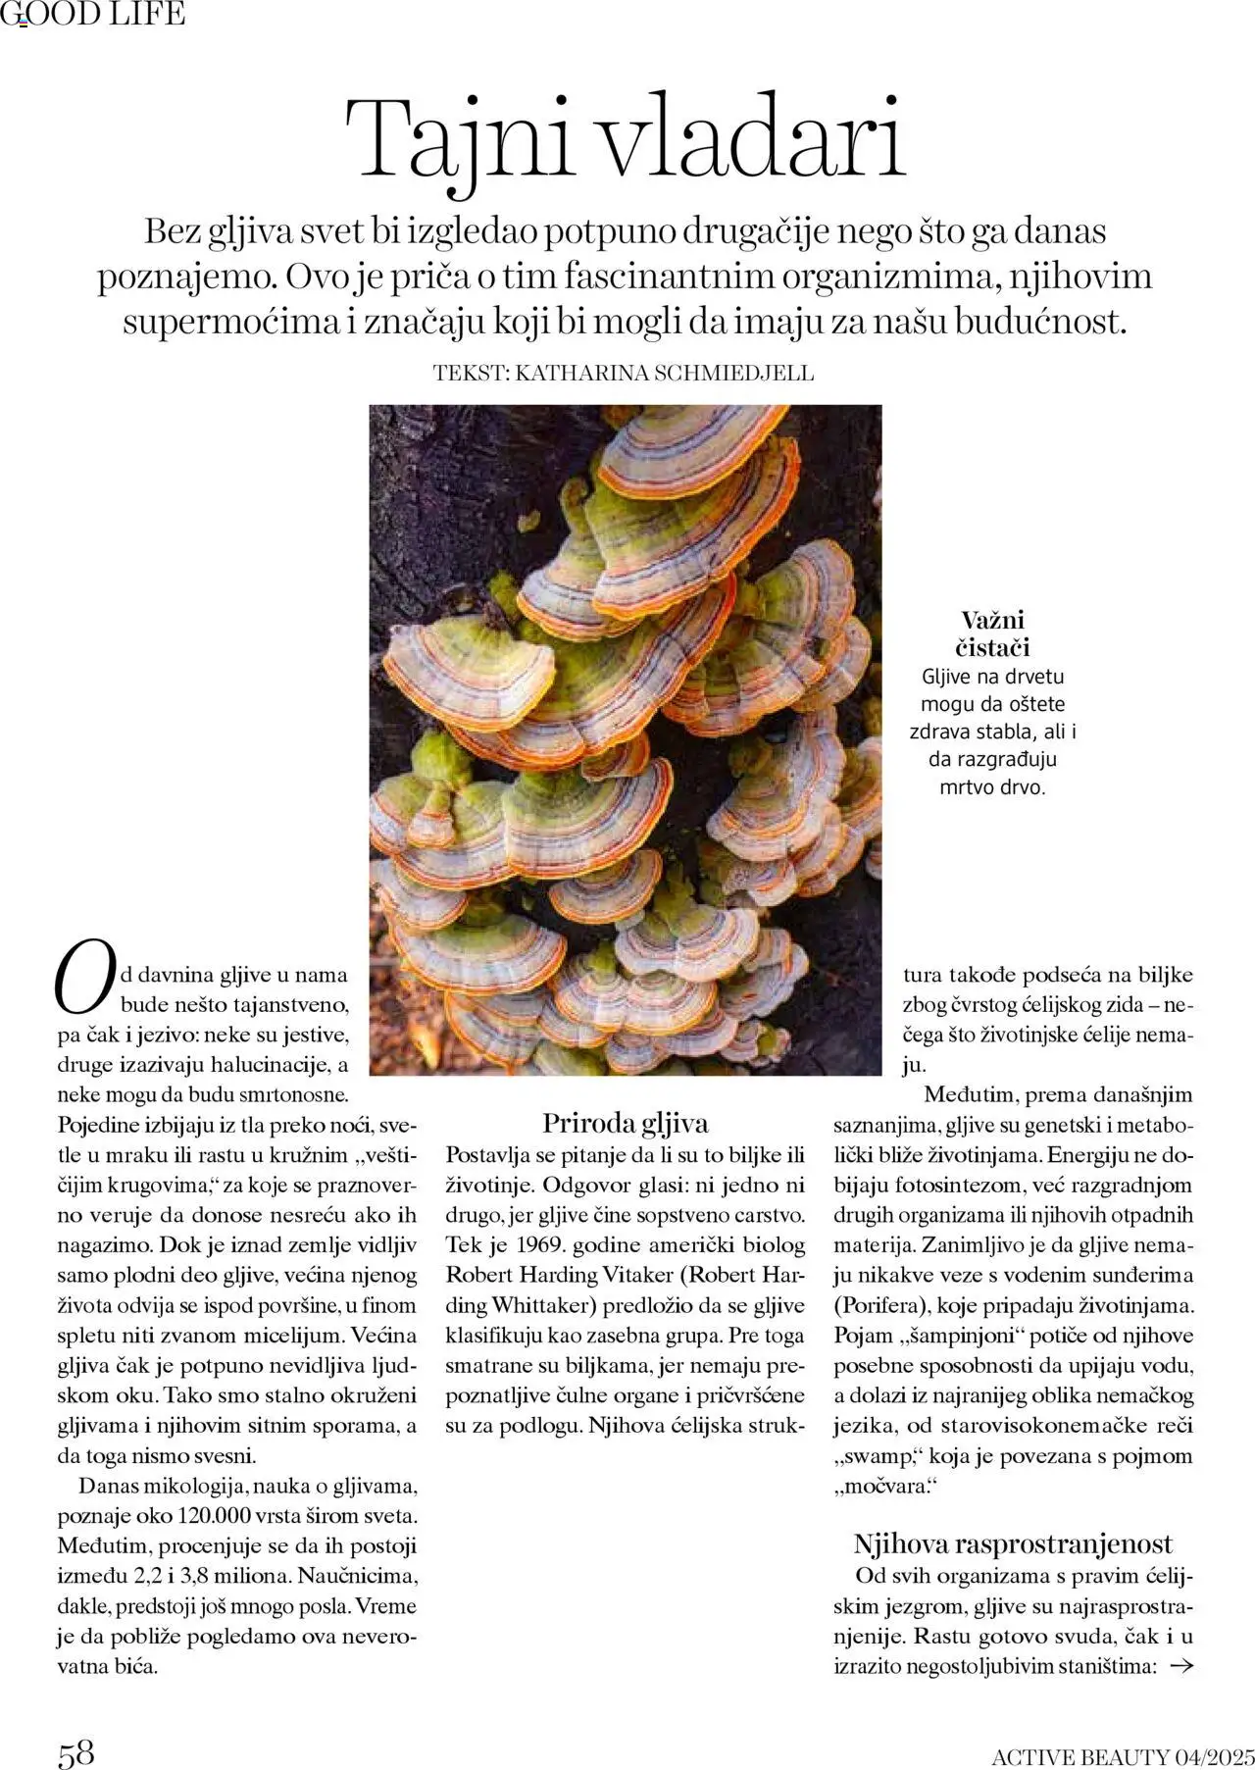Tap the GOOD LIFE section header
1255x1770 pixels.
(93, 14)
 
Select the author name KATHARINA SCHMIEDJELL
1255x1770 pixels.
(664, 374)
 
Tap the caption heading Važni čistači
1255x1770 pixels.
(992, 633)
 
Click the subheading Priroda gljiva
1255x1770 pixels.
(626, 1123)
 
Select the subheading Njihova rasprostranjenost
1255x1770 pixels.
(1013, 1544)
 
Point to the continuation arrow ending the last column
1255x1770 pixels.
(1182, 1665)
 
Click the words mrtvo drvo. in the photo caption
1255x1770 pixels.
(992, 786)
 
